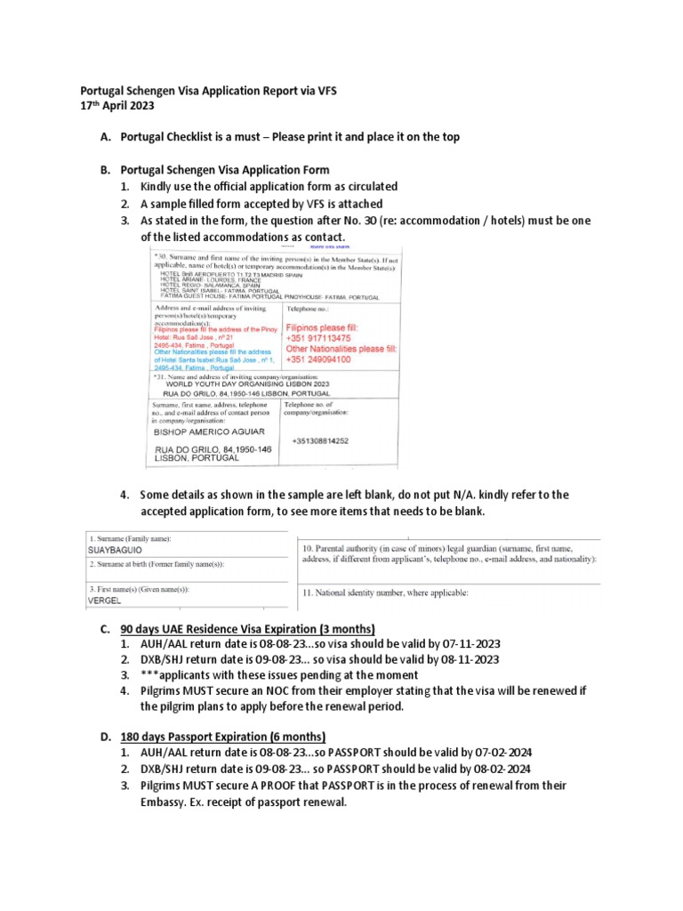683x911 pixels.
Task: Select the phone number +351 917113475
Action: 318,339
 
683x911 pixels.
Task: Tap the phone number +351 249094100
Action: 318,359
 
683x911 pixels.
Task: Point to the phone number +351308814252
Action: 319,441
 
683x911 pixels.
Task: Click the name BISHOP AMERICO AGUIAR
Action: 212,431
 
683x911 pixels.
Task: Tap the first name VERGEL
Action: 103,601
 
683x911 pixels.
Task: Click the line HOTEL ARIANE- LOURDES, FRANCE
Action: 213,277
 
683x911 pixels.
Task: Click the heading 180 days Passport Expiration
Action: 223,738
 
